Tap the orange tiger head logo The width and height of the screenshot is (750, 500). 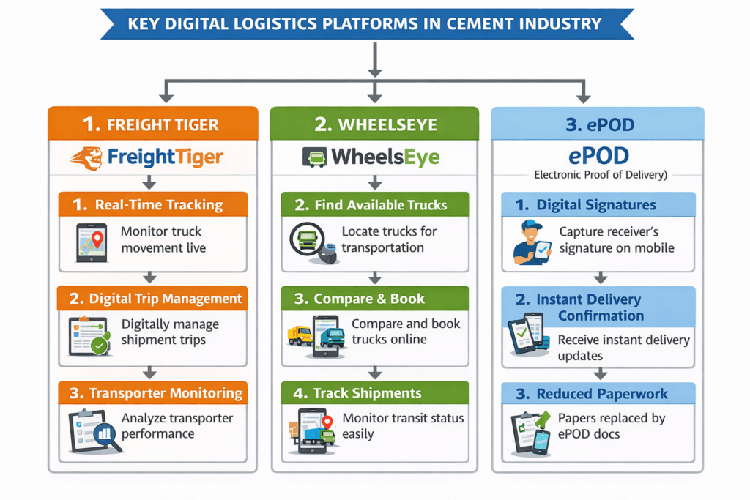(87, 157)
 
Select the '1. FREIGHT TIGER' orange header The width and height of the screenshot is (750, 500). (152, 124)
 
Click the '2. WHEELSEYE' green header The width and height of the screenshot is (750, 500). (375, 124)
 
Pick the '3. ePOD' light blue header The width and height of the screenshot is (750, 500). (597, 124)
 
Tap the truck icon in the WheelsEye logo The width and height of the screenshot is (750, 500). (313, 157)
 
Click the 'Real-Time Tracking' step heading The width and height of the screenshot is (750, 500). (158, 205)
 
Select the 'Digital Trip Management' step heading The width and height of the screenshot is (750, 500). (165, 298)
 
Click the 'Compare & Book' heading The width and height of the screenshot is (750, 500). (368, 299)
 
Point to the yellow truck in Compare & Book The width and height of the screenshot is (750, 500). (299, 335)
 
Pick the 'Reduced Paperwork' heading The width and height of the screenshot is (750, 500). (601, 394)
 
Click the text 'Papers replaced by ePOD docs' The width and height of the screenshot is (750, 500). (611, 426)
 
